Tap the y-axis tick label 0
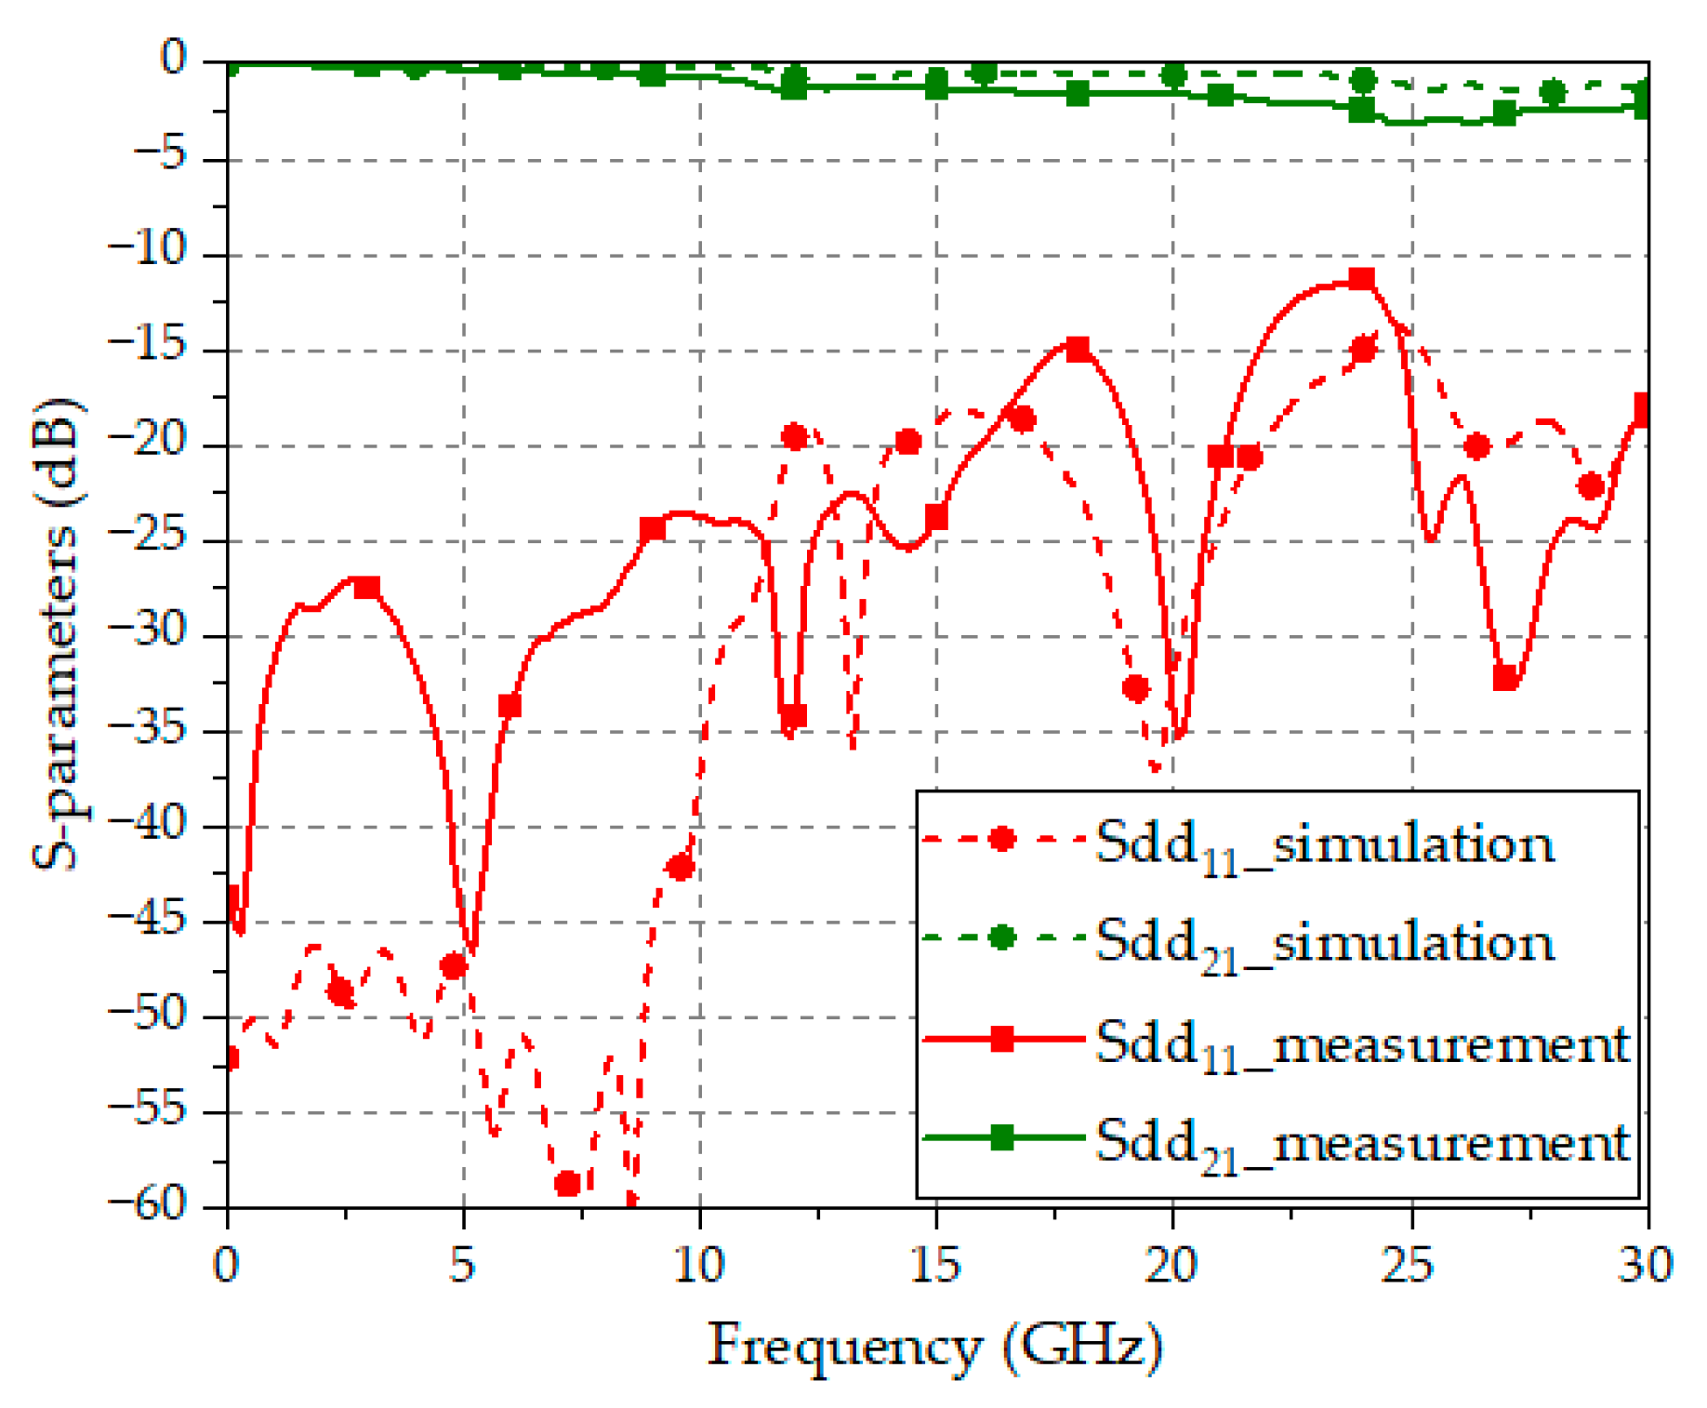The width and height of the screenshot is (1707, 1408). pos(173,59)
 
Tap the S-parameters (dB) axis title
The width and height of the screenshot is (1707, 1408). pos(58,633)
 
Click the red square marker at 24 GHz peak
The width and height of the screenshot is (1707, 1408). pos(1361,279)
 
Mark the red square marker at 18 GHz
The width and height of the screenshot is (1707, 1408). pos(1077,350)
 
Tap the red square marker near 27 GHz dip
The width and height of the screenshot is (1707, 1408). pos(1504,678)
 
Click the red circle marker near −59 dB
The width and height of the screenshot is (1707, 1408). pos(567,1184)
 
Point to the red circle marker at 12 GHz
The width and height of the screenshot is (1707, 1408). pos(794,437)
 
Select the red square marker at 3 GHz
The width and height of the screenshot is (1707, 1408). pos(368,588)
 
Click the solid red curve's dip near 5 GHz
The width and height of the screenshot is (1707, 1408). pos(471,949)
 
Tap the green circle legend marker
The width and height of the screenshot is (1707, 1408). pos(1001,936)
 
